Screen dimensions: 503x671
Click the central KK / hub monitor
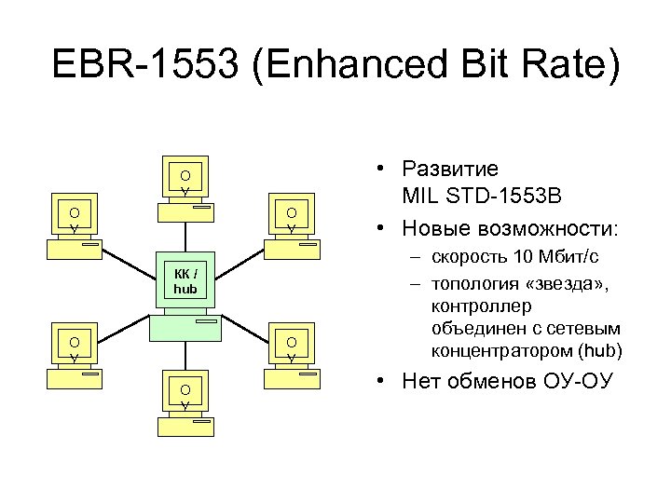pyautogui.click(x=185, y=280)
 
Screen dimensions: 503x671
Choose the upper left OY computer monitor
pyautogui.click(x=74, y=216)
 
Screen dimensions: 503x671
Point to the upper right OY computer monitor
pyautogui.click(x=292, y=217)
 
